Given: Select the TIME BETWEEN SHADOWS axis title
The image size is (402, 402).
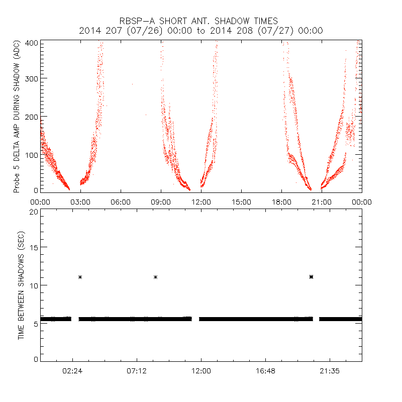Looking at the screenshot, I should coord(22,285).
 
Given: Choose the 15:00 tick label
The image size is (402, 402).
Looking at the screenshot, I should coord(241,202).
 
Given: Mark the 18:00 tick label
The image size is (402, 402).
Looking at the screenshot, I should coord(281,202).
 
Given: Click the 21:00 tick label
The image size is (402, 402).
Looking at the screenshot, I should coord(322,202).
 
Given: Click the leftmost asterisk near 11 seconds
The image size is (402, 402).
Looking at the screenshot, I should coord(80,277).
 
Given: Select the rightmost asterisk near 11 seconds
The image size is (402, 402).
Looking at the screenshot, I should coord(312,277).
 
